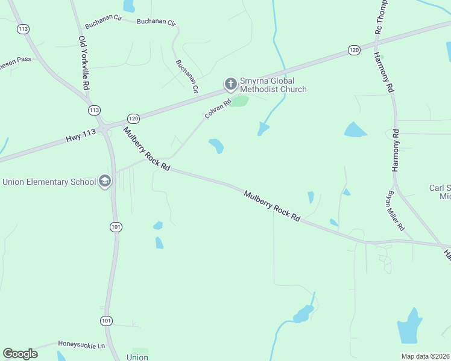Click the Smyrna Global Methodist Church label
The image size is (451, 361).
click(x=273, y=85)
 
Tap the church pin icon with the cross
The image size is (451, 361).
click(x=230, y=84)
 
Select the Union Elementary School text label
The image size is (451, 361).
click(x=49, y=182)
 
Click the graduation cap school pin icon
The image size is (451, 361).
click(x=105, y=181)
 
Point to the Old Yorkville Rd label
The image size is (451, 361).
click(x=84, y=63)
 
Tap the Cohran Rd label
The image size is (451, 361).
click(x=218, y=108)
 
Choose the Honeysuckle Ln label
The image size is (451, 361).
click(x=81, y=345)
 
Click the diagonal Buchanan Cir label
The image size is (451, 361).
click(x=187, y=76)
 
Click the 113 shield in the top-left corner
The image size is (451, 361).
click(x=24, y=28)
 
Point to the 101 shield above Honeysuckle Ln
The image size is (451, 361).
click(x=106, y=321)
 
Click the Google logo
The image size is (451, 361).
click(x=20, y=354)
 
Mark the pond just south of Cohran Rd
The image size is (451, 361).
click(x=216, y=146)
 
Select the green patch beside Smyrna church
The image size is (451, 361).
click(x=239, y=100)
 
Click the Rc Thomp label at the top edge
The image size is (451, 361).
click(x=379, y=16)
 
